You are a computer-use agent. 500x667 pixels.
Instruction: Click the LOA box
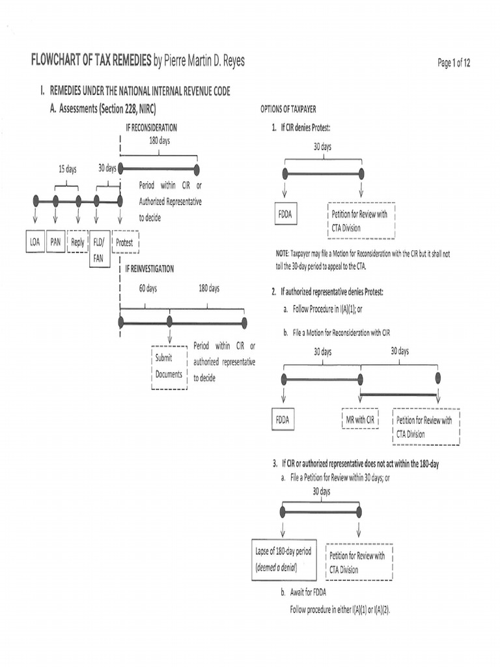coord(35,242)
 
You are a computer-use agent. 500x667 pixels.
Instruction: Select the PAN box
coord(56,242)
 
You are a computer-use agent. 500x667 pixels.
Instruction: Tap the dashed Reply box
coord(77,242)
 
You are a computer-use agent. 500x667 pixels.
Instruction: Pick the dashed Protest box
coord(124,242)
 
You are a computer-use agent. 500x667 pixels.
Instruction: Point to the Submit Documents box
coord(169,367)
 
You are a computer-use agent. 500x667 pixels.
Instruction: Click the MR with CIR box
coord(360,419)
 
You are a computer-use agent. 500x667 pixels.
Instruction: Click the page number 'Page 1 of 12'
coord(454,63)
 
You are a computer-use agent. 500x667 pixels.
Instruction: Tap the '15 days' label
coord(67,169)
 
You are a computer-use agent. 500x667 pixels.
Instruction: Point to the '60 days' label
coord(148,288)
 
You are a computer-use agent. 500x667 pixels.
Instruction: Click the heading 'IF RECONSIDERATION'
coord(151,128)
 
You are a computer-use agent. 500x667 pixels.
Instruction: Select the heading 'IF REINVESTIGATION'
coord(150,268)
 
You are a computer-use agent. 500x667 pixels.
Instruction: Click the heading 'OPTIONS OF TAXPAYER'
coord(288,109)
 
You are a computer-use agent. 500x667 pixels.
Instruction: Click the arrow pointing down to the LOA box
coord(35,215)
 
